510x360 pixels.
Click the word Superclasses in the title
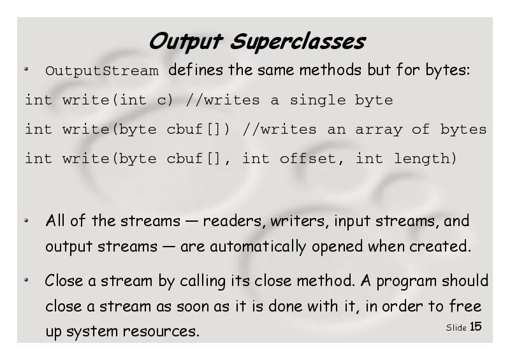(x=298, y=41)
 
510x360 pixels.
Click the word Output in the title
(x=186, y=41)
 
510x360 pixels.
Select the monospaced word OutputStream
(x=102, y=71)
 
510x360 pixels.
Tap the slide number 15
(x=476, y=326)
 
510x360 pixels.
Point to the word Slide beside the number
(x=456, y=328)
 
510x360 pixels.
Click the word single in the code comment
(x=317, y=101)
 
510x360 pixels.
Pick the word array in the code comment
(x=379, y=130)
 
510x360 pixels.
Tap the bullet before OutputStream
(x=26, y=69)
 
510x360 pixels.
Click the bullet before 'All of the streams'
(x=26, y=220)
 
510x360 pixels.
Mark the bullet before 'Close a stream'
(x=26, y=280)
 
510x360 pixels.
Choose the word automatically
(x=258, y=247)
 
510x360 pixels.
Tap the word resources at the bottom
(x=161, y=331)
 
